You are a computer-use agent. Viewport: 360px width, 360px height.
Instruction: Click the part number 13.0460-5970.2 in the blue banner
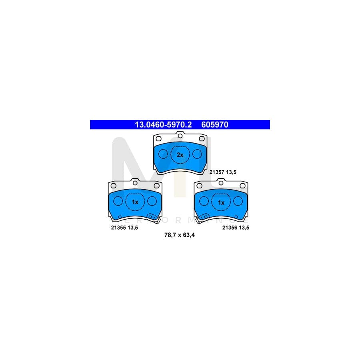(163, 125)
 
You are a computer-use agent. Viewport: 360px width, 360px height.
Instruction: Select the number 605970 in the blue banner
(215, 125)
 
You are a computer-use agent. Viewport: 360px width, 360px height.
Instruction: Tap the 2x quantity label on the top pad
(180, 155)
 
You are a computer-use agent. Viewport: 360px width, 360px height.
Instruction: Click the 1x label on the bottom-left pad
(135, 202)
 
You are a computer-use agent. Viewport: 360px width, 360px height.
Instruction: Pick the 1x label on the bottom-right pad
(221, 202)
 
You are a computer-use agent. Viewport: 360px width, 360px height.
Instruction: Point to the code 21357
(217, 172)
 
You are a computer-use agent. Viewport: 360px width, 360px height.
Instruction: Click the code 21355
(118, 228)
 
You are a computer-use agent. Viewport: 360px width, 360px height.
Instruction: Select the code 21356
(230, 228)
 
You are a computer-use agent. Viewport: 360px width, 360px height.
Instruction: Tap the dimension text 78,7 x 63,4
(180, 235)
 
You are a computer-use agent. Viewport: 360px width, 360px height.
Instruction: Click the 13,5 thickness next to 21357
(231, 172)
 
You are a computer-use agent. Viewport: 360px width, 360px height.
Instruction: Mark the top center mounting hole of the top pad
(180, 136)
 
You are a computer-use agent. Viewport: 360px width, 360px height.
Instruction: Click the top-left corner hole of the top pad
(159, 139)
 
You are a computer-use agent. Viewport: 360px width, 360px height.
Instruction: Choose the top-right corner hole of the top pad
(202, 139)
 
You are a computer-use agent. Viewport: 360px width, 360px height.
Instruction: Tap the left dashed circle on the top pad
(163, 154)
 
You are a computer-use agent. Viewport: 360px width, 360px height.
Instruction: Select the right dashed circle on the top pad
(197, 154)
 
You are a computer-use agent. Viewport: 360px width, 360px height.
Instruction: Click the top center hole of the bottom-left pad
(135, 183)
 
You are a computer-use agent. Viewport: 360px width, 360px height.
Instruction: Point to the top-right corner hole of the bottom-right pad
(242, 186)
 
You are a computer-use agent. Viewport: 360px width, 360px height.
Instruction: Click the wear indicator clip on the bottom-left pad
(153, 218)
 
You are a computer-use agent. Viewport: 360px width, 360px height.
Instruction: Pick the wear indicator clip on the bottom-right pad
(202, 218)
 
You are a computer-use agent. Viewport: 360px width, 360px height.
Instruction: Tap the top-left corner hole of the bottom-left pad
(114, 186)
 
